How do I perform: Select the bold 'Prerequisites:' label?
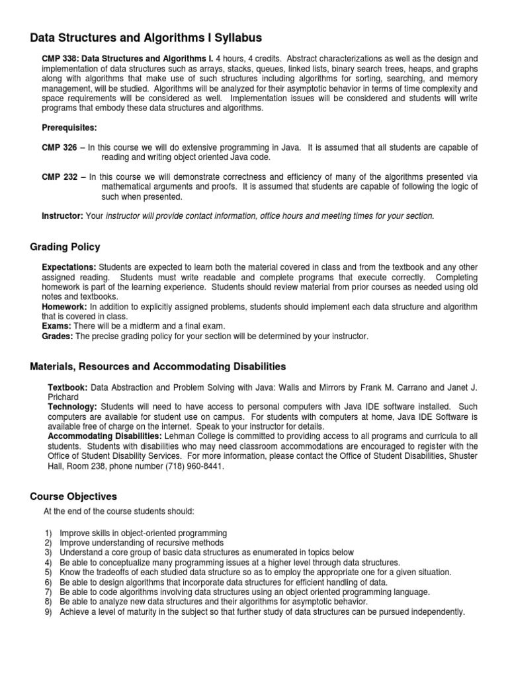pyautogui.click(x=69, y=127)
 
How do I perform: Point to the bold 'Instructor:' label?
pyautogui.click(x=63, y=216)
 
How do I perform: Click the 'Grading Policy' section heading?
pyautogui.click(x=65, y=247)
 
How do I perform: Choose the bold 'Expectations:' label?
pyautogui.click(x=69, y=266)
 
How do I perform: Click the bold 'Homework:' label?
pyautogui.click(x=65, y=307)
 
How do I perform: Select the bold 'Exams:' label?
pyautogui.click(x=58, y=326)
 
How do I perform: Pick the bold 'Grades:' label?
pyautogui.click(x=59, y=337)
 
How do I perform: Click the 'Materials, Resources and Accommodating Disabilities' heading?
pyautogui.click(x=158, y=366)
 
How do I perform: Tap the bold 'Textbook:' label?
pyautogui.click(x=67, y=386)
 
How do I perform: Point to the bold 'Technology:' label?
pyautogui.click(x=72, y=406)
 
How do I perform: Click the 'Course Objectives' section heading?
pyautogui.click(x=73, y=497)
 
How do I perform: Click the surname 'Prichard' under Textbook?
pyautogui.click(x=65, y=396)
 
